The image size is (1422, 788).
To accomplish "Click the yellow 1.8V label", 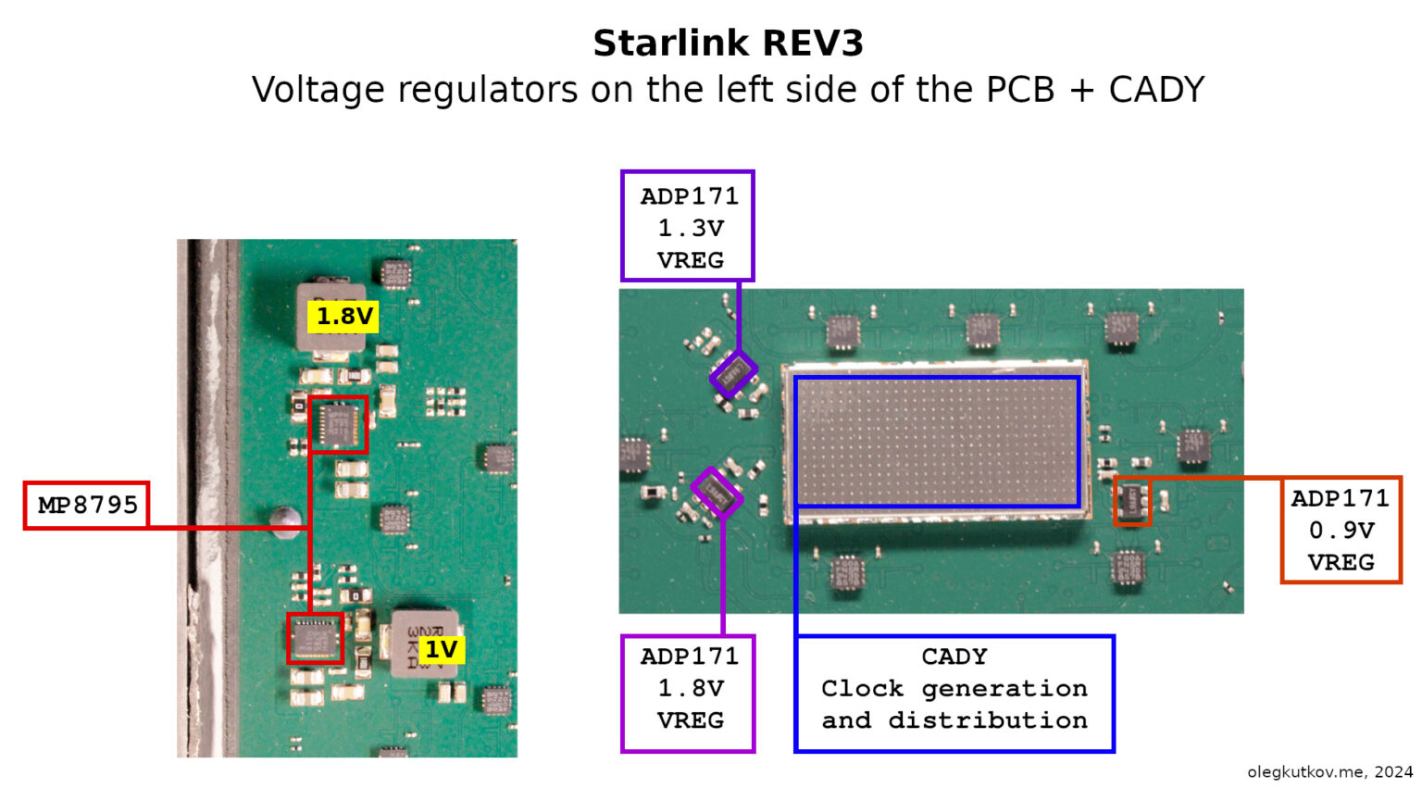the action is [343, 316].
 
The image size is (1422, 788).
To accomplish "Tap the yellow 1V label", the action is [442, 650].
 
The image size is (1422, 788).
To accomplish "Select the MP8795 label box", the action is [87, 506].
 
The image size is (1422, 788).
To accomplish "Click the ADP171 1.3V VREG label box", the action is [688, 225].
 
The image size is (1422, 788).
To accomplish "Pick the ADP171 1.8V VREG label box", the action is [688, 694].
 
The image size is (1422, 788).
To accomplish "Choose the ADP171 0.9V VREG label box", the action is [1341, 530].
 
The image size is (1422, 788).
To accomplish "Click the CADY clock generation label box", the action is [954, 694].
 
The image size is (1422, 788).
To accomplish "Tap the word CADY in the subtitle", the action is [1156, 90].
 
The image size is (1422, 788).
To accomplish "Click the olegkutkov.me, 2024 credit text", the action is [1330, 771].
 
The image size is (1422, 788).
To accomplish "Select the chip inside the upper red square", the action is [338, 424].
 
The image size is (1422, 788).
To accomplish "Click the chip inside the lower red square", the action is [315, 638].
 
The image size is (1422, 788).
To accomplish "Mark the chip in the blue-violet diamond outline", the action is [733, 374].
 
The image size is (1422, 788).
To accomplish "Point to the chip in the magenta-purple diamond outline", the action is [717, 492].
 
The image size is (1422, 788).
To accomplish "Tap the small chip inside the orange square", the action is [1132, 501].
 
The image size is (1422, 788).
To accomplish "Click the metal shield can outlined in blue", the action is [936, 442].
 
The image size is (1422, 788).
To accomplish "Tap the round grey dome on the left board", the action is [285, 522].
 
